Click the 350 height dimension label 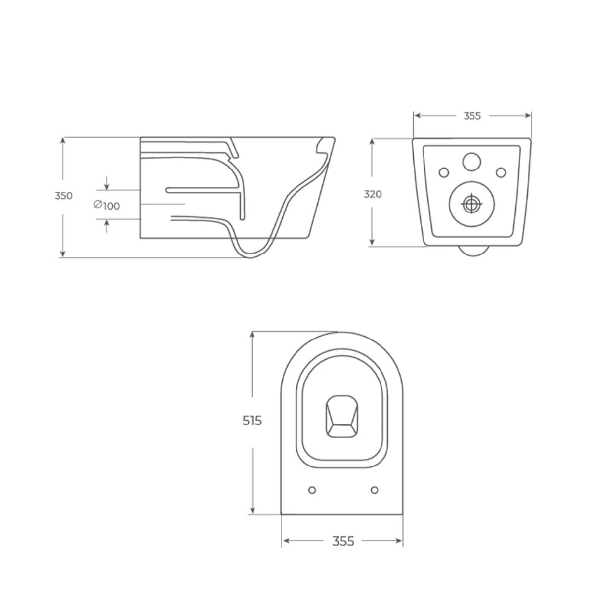[64, 195]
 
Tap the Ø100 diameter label [107, 205]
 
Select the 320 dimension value [373, 194]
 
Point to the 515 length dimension [252, 421]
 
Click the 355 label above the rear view [472, 116]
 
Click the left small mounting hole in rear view [444, 172]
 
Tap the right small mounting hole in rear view [501, 172]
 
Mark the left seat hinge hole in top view [312, 490]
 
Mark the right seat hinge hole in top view [374, 490]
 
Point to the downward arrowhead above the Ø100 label [107, 186]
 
